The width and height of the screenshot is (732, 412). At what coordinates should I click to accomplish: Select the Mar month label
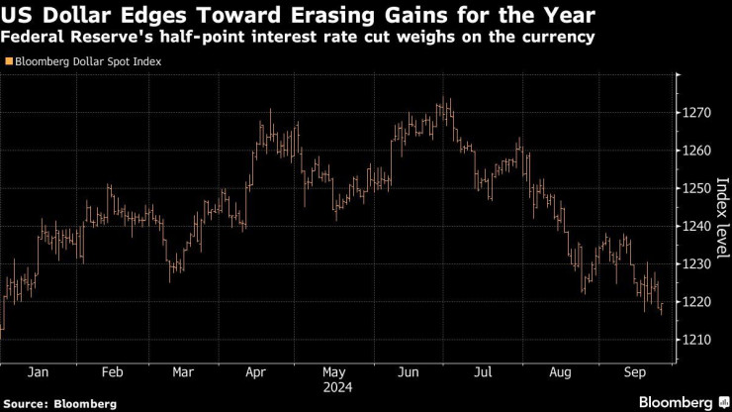point(182,373)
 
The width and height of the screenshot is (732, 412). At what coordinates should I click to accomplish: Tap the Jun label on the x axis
point(407,373)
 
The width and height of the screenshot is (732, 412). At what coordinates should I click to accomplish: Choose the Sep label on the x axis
point(636,373)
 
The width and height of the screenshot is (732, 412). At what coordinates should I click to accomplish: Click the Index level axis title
point(721,212)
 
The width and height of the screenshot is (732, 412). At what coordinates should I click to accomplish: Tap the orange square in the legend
point(9,61)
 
